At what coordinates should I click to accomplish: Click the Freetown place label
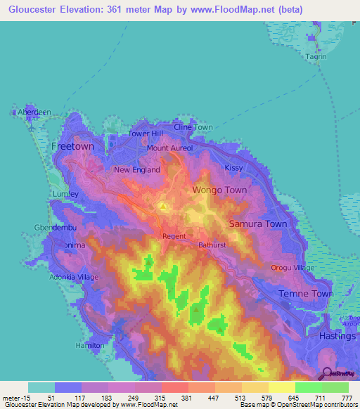point(72,146)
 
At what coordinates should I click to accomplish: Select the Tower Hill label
point(146,134)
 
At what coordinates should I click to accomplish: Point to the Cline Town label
point(193,127)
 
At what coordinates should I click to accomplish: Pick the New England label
point(137,170)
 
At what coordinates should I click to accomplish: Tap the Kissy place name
point(233,168)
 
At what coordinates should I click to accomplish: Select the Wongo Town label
point(220,190)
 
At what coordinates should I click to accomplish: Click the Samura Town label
point(258,224)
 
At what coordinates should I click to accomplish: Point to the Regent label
point(174,237)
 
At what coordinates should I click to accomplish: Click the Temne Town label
point(306,294)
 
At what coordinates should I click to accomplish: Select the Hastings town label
point(336,337)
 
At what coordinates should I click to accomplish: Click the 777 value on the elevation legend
point(347,397)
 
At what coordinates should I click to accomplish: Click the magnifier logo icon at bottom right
point(326,373)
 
